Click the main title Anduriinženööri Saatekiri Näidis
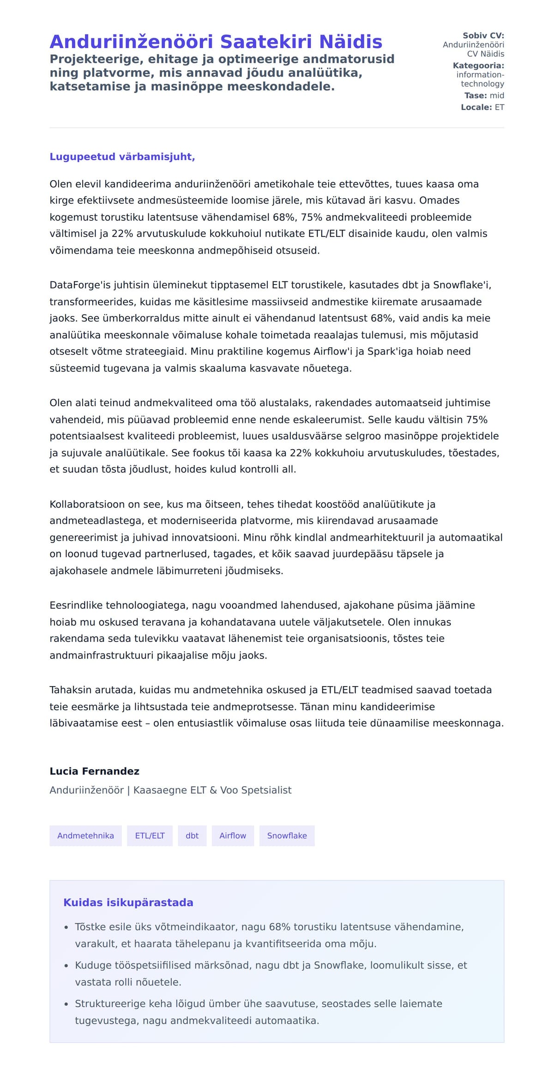(x=216, y=42)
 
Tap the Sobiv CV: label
(x=483, y=36)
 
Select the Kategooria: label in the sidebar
(x=478, y=65)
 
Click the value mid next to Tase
(x=497, y=95)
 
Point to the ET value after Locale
(x=500, y=107)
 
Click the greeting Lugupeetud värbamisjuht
(x=122, y=157)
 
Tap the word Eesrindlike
(x=76, y=605)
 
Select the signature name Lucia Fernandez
(x=94, y=771)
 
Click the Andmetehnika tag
(x=85, y=836)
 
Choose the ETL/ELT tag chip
(x=150, y=836)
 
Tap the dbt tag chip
(x=192, y=836)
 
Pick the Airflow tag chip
(x=233, y=836)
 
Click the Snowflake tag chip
(x=287, y=836)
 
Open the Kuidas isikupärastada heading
(x=128, y=902)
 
